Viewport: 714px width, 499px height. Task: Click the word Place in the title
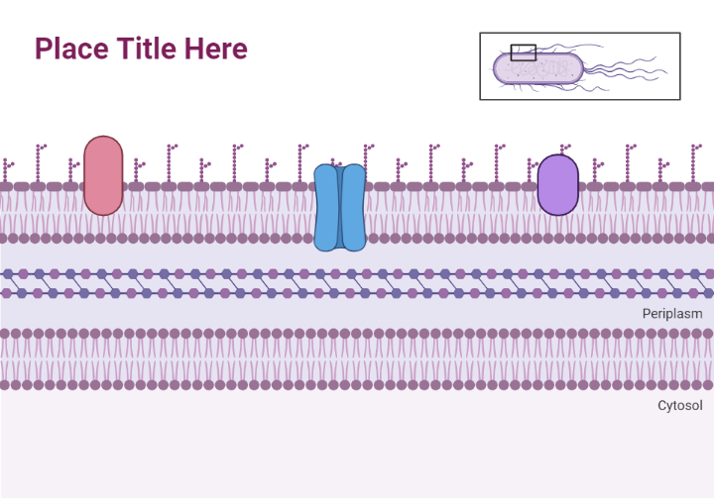71,49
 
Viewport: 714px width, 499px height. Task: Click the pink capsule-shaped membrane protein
103,175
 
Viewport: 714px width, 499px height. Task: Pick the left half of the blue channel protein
325,208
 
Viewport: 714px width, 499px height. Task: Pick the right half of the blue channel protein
354,208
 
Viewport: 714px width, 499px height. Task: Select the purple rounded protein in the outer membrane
557,184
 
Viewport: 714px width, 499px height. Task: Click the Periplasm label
671,314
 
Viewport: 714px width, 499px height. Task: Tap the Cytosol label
679,405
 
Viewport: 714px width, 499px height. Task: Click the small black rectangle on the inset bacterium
524,51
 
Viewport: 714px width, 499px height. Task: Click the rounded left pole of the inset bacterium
499,68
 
